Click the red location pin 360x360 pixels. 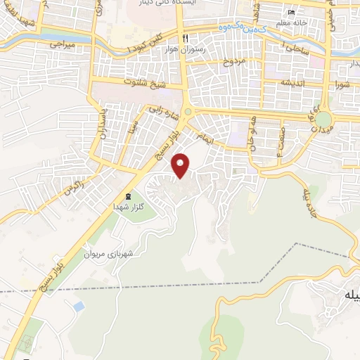click(182, 165)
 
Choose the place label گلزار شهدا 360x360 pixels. click(128, 208)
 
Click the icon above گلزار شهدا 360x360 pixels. click(128, 196)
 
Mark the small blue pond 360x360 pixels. click(78, 307)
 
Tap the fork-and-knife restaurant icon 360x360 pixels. click(186, 37)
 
